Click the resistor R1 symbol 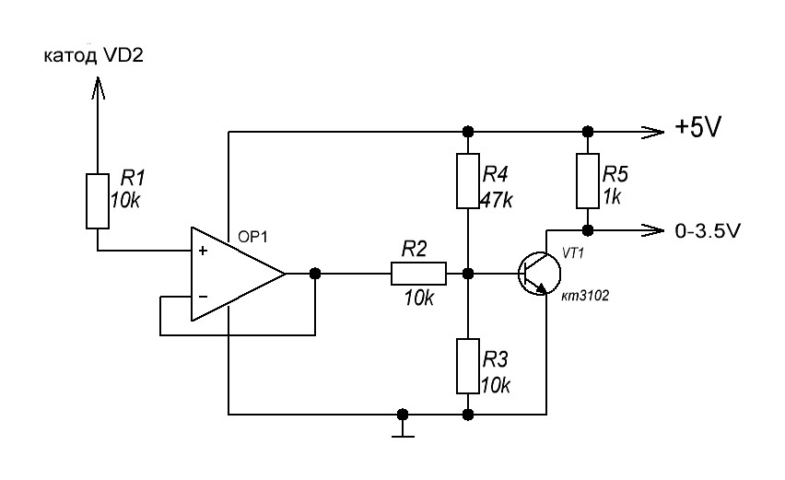tap(98, 201)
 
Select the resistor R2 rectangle tap(418, 274)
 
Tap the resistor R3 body tap(468, 367)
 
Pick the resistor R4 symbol tap(468, 181)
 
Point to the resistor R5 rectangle tap(588, 181)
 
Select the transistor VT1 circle tap(540, 274)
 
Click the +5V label tap(697, 128)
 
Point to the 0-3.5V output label tap(708, 230)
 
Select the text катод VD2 tap(94, 55)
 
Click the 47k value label tap(496, 200)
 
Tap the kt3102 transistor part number tap(585, 297)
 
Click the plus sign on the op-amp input tap(203, 251)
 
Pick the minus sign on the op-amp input tap(203, 297)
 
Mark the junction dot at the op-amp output tap(315, 274)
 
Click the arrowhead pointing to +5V tap(653, 132)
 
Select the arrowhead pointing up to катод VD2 tap(97, 88)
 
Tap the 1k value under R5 tap(612, 197)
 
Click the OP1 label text tap(252, 238)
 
